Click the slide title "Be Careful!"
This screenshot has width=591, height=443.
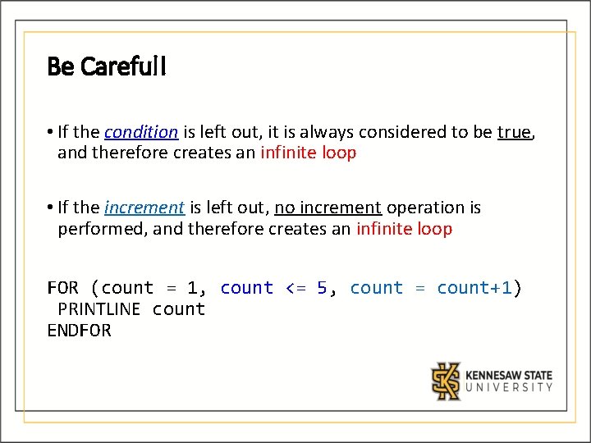click(x=107, y=66)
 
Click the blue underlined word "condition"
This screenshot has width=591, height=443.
click(x=141, y=131)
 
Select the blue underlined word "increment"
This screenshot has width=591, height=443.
click(x=144, y=208)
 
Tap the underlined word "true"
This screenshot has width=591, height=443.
click(x=514, y=131)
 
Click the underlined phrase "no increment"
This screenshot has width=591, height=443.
click(x=328, y=208)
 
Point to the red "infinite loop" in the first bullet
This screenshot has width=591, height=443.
click(x=309, y=153)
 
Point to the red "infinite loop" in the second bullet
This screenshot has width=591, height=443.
click(x=404, y=229)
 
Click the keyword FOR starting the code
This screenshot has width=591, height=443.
click(x=63, y=288)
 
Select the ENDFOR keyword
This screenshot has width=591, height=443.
click(x=79, y=331)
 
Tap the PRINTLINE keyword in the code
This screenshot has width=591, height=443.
click(x=99, y=309)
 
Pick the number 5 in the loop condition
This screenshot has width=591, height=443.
click(x=322, y=288)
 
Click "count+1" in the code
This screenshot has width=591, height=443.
click(x=474, y=288)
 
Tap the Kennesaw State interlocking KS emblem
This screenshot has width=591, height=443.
click(x=447, y=381)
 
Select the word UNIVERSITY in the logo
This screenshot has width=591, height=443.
click(x=509, y=388)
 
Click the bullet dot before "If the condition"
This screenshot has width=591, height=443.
click(x=50, y=132)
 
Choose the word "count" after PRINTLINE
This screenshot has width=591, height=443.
click(x=179, y=309)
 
